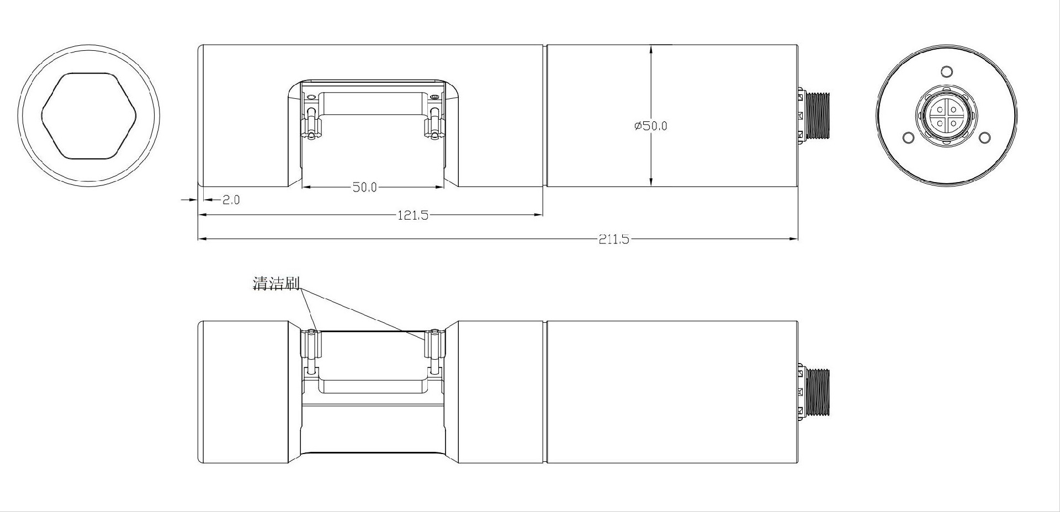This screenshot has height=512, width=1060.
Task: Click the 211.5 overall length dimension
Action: tap(613, 239)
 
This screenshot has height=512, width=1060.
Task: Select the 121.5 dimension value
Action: tap(413, 215)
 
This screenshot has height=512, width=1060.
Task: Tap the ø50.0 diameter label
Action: tap(651, 126)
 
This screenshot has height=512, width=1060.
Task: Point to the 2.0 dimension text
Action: tap(231, 200)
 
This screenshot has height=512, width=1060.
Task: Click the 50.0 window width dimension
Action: tap(364, 188)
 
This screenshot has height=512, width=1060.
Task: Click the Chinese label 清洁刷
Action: tap(276, 284)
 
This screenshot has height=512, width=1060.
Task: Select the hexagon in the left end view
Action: tap(89, 116)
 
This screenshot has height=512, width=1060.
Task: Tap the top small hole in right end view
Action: tap(946, 72)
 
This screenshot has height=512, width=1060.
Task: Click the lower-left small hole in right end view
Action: tap(908, 137)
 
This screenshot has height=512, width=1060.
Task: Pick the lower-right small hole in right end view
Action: tap(984, 137)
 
